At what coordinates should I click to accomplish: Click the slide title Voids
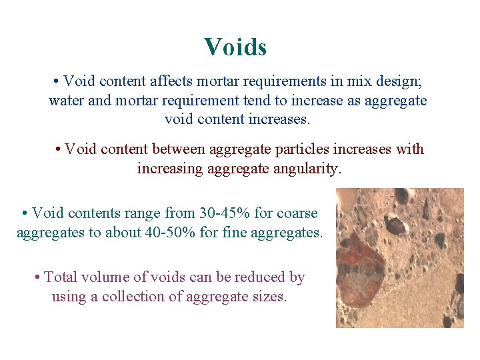[235, 47]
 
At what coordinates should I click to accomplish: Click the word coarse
[295, 213]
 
